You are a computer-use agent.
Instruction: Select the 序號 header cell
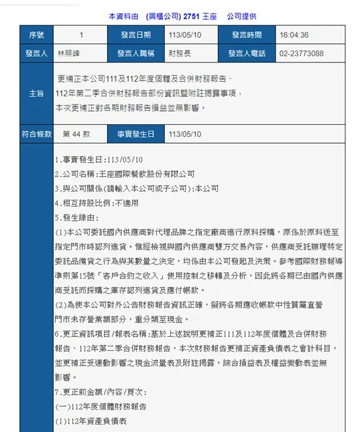(36, 35)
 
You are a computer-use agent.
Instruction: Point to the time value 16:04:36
(295, 35)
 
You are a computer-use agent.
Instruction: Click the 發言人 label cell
(36, 54)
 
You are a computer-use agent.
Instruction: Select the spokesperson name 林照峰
(70, 54)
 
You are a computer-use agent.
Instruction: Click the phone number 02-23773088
(302, 54)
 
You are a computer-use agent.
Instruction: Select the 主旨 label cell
(36, 93)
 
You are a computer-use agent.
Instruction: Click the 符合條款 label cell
(36, 134)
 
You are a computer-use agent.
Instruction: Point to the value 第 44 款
(76, 134)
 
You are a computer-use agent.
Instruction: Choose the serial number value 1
(81, 35)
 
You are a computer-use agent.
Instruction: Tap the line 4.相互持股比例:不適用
(98, 203)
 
